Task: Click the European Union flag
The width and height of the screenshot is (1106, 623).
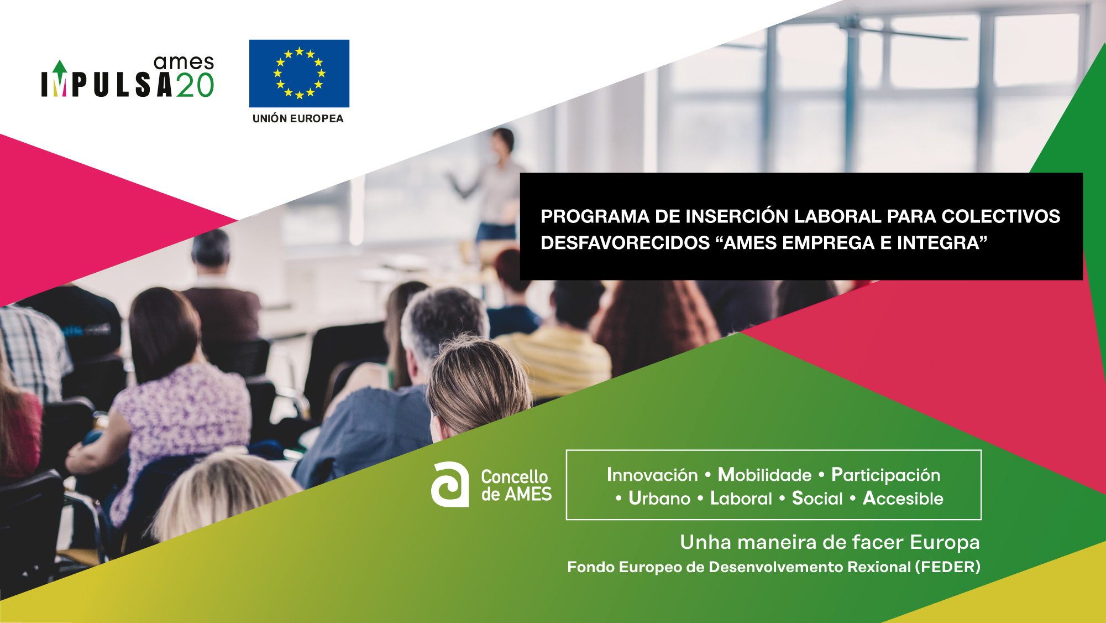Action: click(299, 73)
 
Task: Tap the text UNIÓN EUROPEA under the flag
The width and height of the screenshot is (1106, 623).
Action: click(298, 118)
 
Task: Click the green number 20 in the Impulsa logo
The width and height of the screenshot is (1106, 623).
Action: click(195, 85)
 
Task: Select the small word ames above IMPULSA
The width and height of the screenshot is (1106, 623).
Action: click(184, 63)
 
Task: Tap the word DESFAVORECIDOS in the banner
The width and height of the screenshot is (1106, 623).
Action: click(625, 243)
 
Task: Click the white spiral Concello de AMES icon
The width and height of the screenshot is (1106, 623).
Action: click(449, 484)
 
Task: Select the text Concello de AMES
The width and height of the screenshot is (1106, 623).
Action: click(516, 485)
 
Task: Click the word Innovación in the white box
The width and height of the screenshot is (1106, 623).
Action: click(652, 475)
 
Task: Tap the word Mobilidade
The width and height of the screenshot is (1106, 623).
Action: click(764, 475)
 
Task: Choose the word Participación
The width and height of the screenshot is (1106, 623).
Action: click(885, 475)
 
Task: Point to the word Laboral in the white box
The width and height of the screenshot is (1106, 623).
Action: click(741, 499)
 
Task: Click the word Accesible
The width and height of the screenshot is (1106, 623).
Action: click(903, 499)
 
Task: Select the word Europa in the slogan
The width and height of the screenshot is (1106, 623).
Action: click(945, 543)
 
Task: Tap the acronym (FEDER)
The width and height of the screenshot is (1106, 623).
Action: click(947, 567)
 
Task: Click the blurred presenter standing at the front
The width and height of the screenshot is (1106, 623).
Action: click(494, 185)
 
